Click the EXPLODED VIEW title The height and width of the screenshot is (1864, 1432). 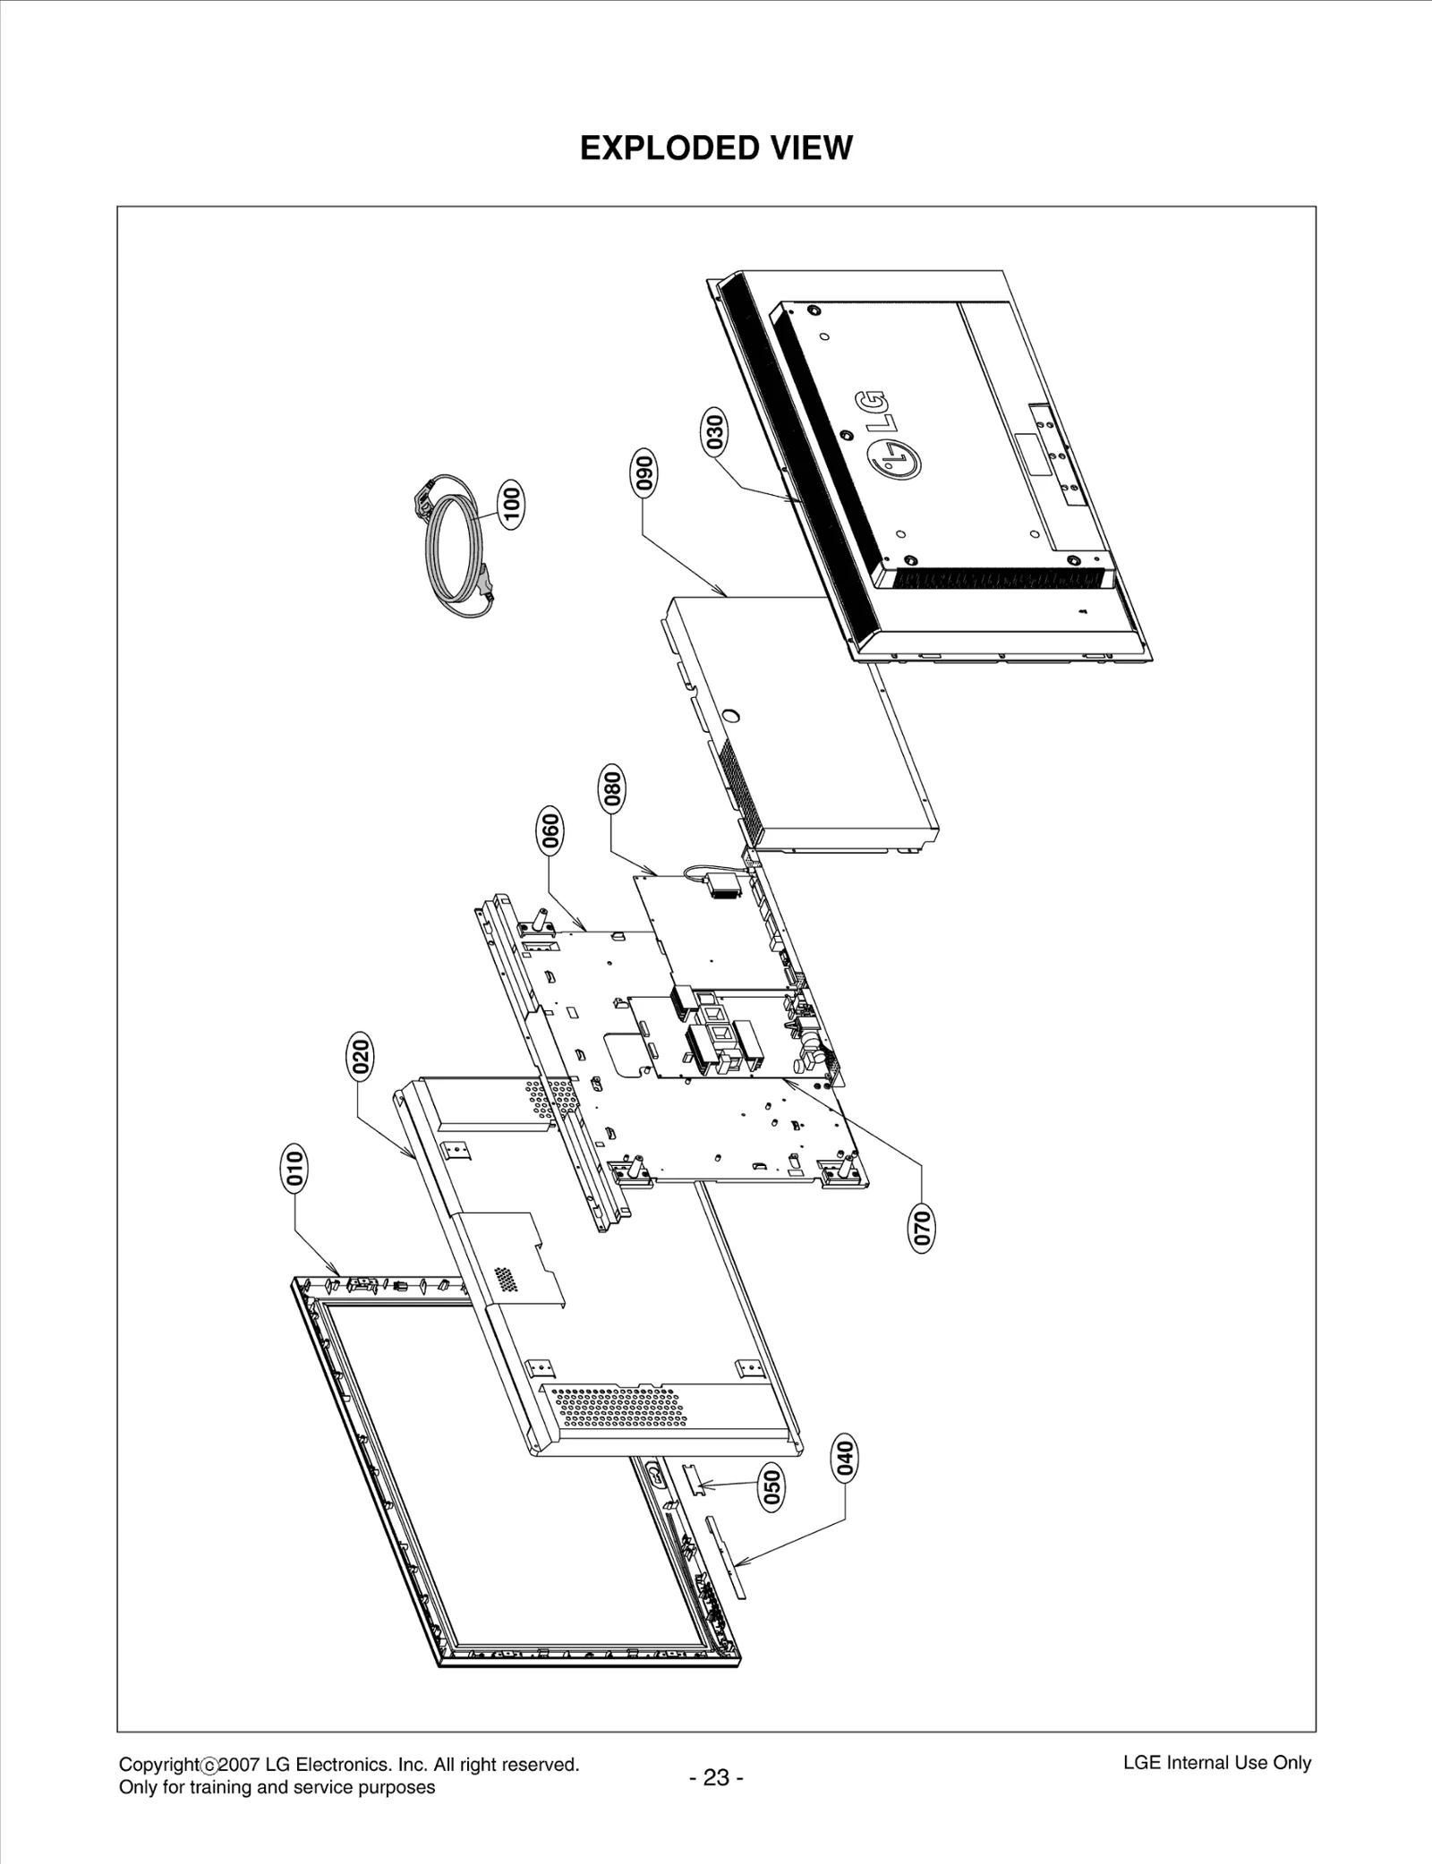(x=716, y=149)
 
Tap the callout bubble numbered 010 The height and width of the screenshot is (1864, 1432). (x=294, y=1169)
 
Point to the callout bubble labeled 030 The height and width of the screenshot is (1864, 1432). (x=713, y=432)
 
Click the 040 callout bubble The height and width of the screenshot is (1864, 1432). (x=845, y=1458)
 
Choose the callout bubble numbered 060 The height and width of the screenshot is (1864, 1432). (x=549, y=830)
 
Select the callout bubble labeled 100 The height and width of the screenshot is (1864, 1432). (x=511, y=503)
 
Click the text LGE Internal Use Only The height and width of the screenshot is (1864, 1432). (x=1216, y=1763)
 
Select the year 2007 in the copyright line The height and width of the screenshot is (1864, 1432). (x=240, y=1765)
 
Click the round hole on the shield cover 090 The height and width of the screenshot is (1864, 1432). (x=729, y=716)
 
